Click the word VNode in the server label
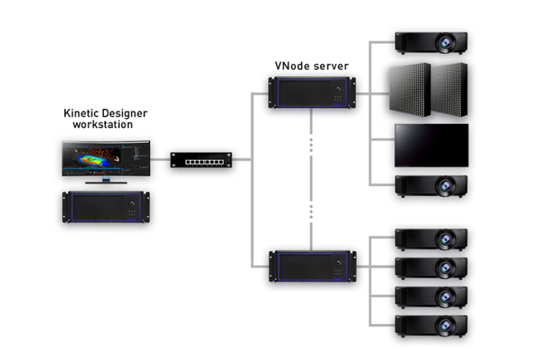click(290, 67)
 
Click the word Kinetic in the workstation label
click(80, 114)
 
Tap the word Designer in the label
click(123, 114)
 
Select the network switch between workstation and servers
click(201, 160)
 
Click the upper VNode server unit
click(312, 93)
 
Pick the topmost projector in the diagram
click(431, 43)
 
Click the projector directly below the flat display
click(431, 186)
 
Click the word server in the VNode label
click(330, 67)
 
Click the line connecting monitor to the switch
click(160, 160)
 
